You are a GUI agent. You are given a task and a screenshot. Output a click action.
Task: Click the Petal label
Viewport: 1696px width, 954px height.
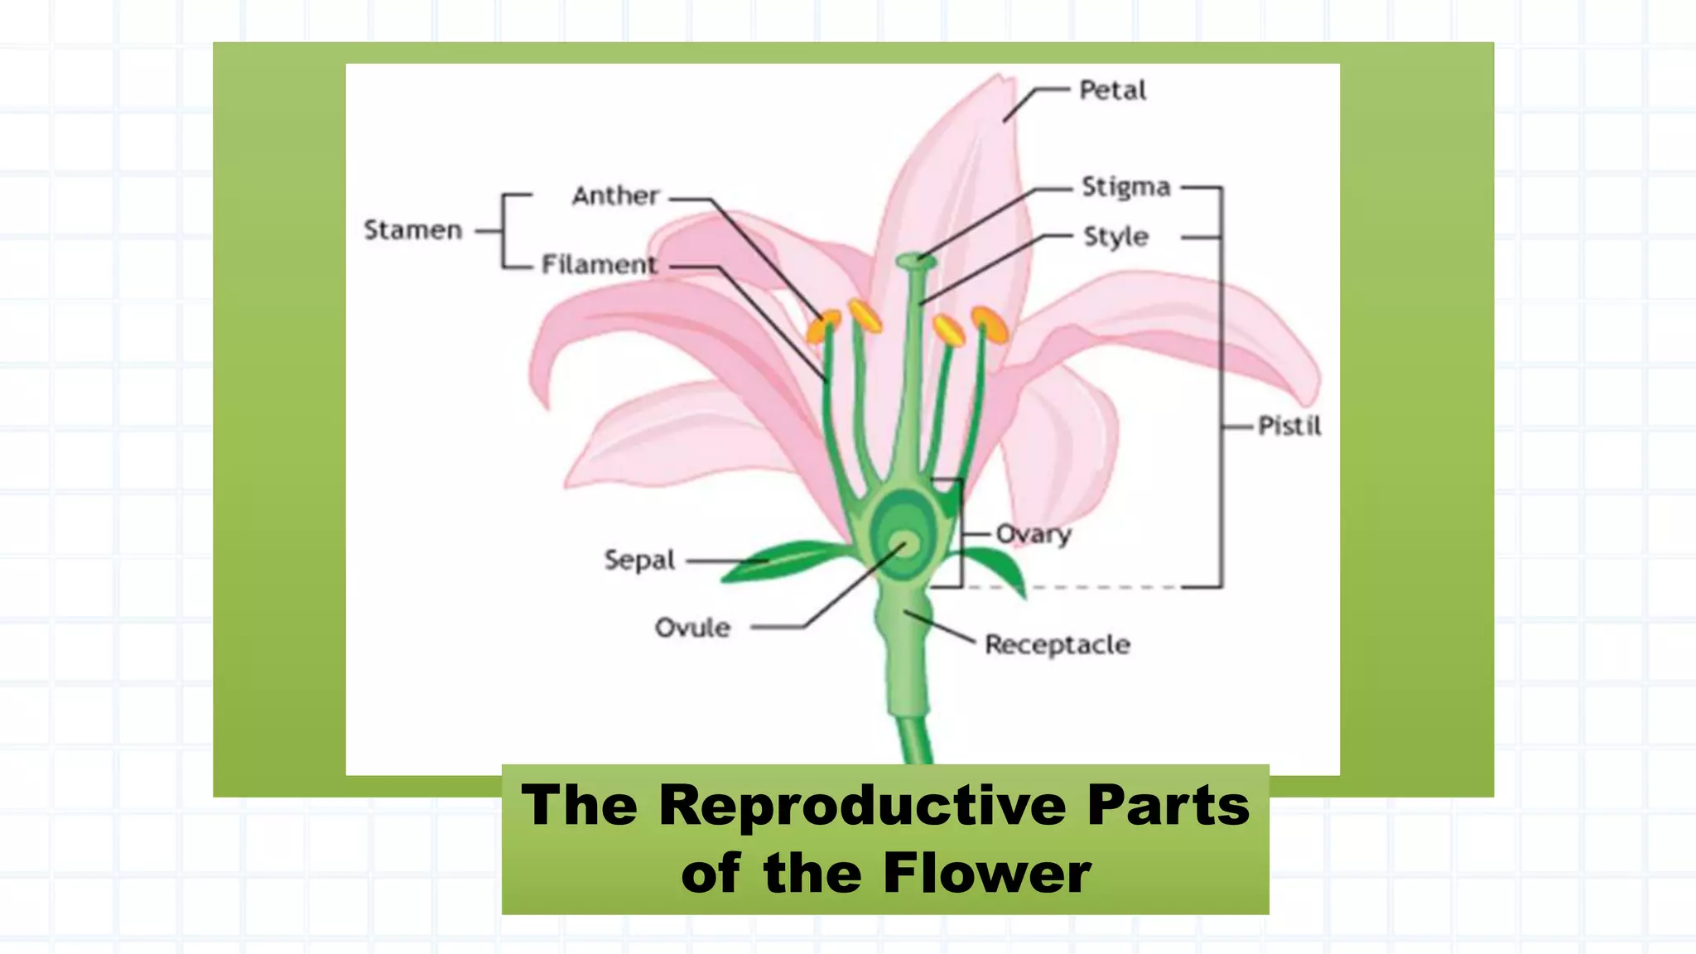coord(1112,89)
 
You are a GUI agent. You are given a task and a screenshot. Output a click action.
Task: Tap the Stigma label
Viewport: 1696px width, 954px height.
coord(1125,187)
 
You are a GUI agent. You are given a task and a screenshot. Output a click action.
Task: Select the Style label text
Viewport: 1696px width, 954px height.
coord(1115,237)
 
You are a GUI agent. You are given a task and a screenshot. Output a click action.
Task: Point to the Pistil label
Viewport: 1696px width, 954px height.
coord(1289,426)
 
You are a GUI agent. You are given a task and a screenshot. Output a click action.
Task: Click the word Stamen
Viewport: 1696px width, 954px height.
coord(412,229)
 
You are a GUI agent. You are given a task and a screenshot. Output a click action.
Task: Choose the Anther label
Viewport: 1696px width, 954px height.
coord(615,196)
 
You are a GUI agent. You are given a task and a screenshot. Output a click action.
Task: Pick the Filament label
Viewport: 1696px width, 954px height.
coord(598,264)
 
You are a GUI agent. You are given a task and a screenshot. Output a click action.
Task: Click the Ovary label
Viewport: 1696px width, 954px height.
coord(1033,534)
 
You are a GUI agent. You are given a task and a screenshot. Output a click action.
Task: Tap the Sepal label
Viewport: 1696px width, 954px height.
coord(639,560)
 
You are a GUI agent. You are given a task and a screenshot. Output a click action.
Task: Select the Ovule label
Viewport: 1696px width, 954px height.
coord(692,628)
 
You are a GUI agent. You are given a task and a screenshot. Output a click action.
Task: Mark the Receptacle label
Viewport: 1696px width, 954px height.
coord(1057,644)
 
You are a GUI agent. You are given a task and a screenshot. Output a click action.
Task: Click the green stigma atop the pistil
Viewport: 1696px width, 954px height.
coord(916,262)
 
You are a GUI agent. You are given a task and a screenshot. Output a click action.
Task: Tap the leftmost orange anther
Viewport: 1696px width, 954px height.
coord(822,326)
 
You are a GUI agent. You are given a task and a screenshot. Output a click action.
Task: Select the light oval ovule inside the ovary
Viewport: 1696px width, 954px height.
coord(906,544)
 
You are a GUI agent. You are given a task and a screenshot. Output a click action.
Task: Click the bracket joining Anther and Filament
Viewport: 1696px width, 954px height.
coord(504,231)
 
